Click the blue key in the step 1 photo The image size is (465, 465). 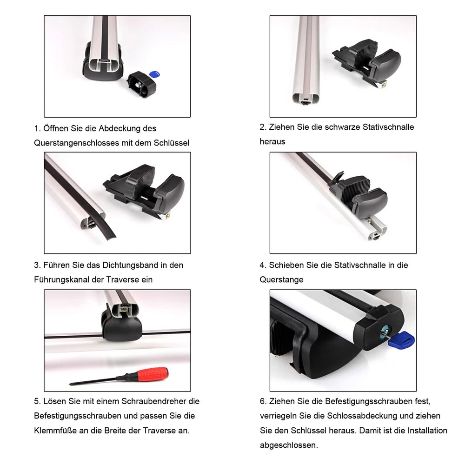[x=154, y=74]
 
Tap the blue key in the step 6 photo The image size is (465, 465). [x=401, y=339]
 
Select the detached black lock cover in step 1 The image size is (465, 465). [x=142, y=84]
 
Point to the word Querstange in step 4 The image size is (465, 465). [x=281, y=279]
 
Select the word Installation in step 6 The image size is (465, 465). [x=427, y=431]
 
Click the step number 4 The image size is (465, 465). [x=262, y=265]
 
